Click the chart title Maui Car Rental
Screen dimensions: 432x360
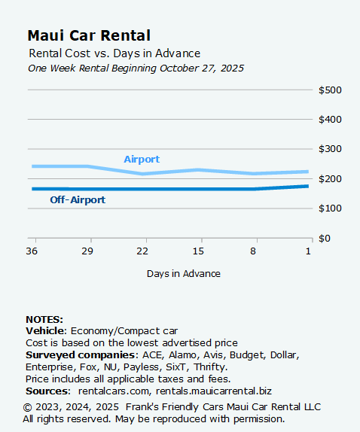88,35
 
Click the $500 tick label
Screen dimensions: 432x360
330,90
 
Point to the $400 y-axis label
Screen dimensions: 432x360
330,120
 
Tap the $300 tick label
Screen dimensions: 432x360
330,149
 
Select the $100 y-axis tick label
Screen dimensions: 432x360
330,208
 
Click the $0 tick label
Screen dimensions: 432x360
325,238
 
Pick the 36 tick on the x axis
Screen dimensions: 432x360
32,250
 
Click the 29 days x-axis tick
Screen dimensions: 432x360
87,250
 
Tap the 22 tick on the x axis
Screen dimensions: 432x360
142,250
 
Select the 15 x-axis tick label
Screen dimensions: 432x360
198,250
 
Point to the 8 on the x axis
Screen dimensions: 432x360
254,250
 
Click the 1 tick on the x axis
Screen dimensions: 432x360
309,250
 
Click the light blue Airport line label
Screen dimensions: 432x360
142,160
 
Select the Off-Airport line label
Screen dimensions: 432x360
78,200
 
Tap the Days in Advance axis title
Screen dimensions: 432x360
184,273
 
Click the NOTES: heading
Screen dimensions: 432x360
44,320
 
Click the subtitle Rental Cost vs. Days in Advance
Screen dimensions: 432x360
114,53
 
